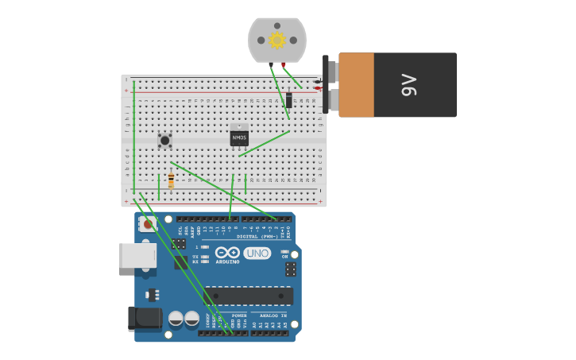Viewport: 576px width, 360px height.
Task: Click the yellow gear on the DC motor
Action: coord(276,40)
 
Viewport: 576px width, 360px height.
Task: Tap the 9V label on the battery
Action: coord(408,85)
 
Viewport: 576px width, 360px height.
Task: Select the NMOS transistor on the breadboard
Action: coord(239,137)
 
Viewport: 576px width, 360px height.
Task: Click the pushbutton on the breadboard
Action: coord(164,141)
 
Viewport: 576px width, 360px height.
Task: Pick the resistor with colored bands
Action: coord(171,181)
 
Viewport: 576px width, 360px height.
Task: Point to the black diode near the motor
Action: coord(288,99)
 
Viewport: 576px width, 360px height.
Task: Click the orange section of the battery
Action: coord(356,85)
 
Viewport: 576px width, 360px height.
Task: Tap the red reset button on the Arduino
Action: coord(146,225)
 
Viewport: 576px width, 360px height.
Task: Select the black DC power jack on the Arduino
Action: coord(144,319)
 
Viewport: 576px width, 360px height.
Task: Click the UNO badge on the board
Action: coord(257,254)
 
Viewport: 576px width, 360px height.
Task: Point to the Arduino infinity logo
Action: coord(227,253)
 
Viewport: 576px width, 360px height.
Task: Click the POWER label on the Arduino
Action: coord(239,315)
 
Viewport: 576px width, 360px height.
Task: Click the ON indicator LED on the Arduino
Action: coord(284,251)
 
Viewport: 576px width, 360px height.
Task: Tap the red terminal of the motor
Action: coord(284,64)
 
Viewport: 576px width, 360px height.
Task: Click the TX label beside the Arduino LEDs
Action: coord(195,256)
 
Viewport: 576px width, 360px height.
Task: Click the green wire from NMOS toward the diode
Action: coord(264,143)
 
